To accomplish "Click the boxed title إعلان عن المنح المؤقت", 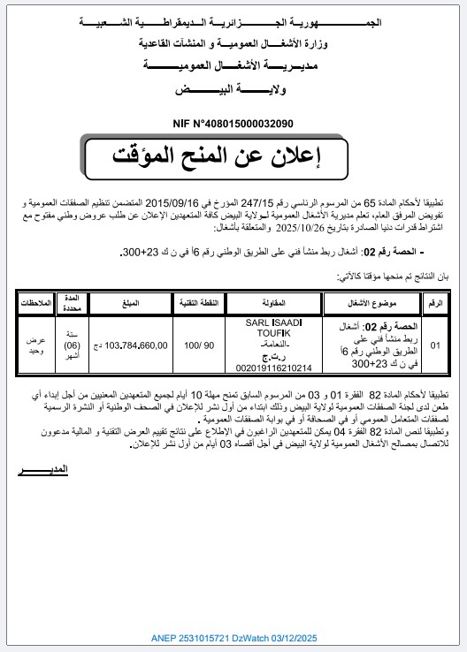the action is tap(233, 156).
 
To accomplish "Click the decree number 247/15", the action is tap(288, 202).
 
